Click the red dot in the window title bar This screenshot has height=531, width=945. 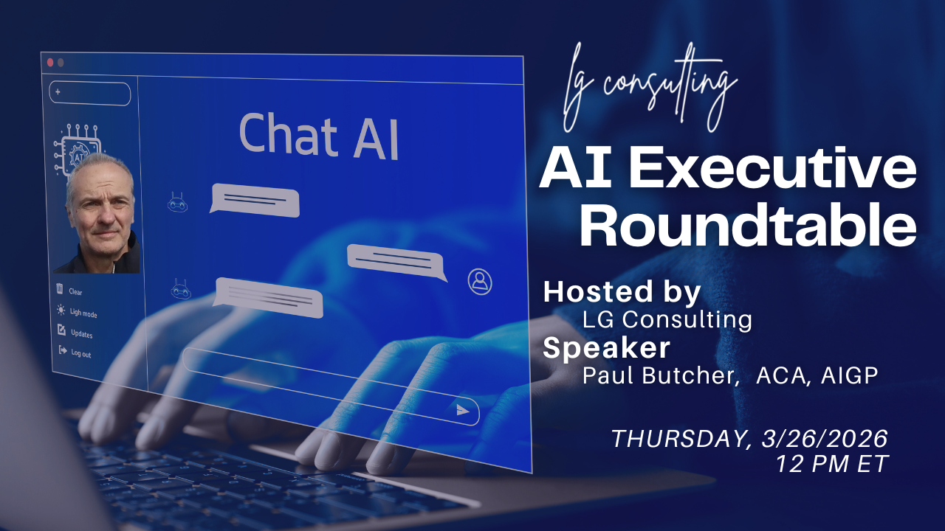pyautogui.click(x=50, y=63)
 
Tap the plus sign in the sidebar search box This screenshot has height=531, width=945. pyautogui.click(x=58, y=92)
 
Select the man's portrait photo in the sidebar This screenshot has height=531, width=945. pyautogui.click(x=100, y=213)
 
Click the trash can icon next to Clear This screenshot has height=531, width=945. pyautogui.click(x=60, y=288)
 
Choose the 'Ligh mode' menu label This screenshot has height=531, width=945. pyautogui.click(x=83, y=313)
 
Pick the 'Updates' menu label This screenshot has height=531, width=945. pyautogui.click(x=81, y=334)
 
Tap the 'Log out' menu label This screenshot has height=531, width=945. pyautogui.click(x=81, y=353)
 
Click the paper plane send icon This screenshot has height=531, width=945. pyautogui.click(x=463, y=410)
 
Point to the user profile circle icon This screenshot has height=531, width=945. pyautogui.click(x=480, y=282)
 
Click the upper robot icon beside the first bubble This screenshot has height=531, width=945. pyautogui.click(x=178, y=203)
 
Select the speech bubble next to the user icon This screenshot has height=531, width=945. pyautogui.click(x=396, y=262)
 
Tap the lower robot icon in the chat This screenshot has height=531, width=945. pyautogui.click(x=181, y=290)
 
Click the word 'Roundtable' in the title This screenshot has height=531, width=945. pyautogui.click(x=748, y=226)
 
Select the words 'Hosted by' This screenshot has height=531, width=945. pyautogui.click(x=622, y=292)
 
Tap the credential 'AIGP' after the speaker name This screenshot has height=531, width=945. pyautogui.click(x=849, y=375)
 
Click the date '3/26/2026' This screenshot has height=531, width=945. pyautogui.click(x=825, y=439)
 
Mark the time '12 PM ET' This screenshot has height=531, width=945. pyautogui.click(x=832, y=464)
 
